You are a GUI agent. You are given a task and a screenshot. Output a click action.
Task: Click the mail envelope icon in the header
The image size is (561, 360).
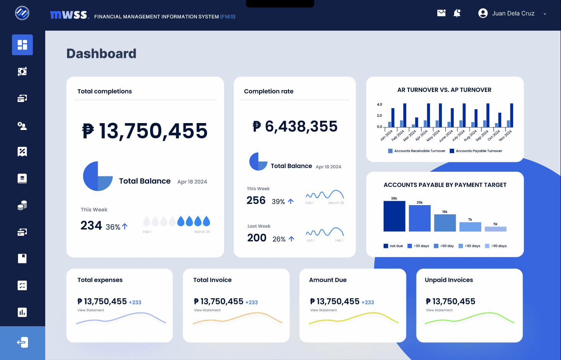[441, 13]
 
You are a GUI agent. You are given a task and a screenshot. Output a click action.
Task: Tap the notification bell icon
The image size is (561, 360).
[457, 13]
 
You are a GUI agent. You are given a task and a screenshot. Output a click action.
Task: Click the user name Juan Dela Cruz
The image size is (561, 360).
[513, 13]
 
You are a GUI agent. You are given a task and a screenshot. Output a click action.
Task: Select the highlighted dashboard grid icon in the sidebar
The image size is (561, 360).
[22, 45]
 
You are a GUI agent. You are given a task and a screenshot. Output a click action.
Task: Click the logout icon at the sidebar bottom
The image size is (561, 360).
[22, 342]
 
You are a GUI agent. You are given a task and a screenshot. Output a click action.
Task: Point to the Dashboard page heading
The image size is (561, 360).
[101, 54]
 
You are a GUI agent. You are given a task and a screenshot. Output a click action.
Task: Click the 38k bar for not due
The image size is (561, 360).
[394, 216]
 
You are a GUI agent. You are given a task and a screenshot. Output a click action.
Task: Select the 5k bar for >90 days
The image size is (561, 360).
[495, 229]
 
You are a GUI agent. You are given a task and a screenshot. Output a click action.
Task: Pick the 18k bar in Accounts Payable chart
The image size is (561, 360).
[445, 223]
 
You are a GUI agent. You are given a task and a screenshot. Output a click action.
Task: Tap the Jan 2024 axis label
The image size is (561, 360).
[386, 135]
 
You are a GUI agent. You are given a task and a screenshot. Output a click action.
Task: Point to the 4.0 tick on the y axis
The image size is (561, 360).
[379, 104]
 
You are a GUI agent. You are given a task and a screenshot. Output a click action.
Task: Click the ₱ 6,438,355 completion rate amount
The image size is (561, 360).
[295, 127]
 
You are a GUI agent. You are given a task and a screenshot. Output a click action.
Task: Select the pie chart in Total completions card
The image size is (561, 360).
[98, 176]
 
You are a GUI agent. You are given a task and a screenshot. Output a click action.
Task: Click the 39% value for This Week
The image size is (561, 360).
[278, 202]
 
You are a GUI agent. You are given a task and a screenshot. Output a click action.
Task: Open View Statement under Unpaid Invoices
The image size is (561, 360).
[439, 310]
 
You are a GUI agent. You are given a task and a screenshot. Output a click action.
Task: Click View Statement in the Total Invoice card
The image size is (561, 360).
[207, 310]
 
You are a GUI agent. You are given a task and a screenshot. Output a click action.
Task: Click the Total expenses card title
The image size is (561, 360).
[100, 280]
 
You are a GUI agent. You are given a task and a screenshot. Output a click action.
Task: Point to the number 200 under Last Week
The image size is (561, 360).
[257, 238]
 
